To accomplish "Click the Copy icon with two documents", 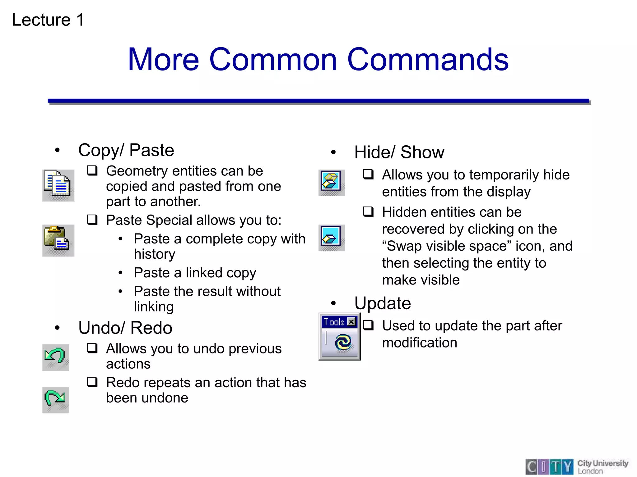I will tap(58, 185).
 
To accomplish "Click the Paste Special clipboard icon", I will tap(58, 240).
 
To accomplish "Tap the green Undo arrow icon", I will tap(55, 357).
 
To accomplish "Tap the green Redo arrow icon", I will tap(55, 400).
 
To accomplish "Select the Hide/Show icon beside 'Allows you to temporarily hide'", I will tap(331, 182).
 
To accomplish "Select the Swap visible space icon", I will tap(331, 238).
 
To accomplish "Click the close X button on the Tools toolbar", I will tap(351, 322).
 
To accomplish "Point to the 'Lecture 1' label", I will tap(48, 20).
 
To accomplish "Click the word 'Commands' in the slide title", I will tap(428, 59).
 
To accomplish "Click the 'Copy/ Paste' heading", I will tap(126, 150).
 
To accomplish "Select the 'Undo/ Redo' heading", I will tap(125, 328).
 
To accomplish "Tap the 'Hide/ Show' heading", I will tap(399, 152).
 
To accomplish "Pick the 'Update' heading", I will tap(383, 303).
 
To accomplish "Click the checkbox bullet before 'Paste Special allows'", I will tap(92, 220).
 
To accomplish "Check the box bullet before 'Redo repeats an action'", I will tap(92, 382).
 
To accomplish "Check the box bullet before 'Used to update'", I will tap(368, 325).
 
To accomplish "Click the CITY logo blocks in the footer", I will tap(549, 466).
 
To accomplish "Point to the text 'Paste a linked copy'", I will tap(195, 273).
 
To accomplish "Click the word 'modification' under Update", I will tap(420, 343).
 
